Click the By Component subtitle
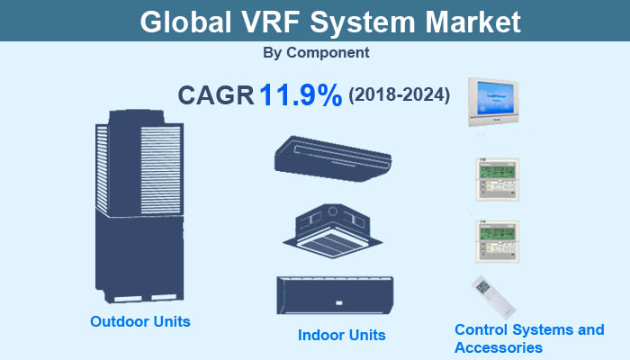(316, 53)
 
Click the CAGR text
(216, 95)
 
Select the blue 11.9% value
(300, 95)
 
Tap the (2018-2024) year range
(399, 94)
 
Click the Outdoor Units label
(140, 321)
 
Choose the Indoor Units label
(342, 335)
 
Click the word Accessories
(498, 347)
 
